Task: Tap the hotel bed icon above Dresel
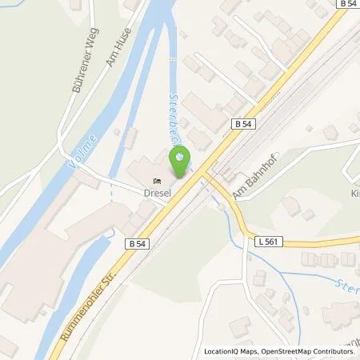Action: [x=159, y=180]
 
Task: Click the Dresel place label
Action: [x=159, y=192]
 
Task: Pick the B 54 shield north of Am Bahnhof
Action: [x=244, y=124]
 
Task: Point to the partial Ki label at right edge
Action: [x=354, y=193]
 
